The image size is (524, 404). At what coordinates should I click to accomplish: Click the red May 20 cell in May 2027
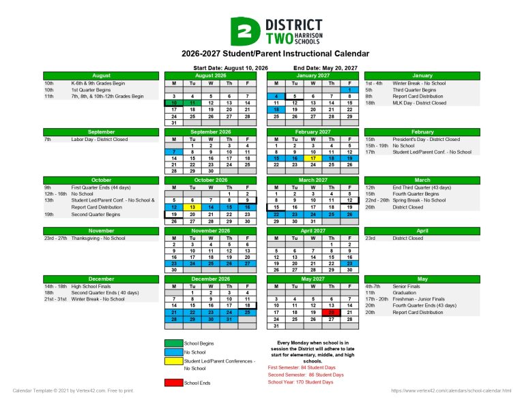[x=331, y=312]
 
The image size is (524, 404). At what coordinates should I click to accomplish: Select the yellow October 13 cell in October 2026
[x=192, y=207]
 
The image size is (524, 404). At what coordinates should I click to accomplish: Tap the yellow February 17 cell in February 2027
[x=312, y=157]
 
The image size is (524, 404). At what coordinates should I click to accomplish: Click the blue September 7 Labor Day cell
[x=175, y=151]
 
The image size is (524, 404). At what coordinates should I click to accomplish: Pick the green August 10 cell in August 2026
[x=175, y=102]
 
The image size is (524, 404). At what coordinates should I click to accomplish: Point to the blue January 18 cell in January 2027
[x=276, y=109]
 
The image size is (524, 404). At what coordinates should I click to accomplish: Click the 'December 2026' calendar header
[x=211, y=279]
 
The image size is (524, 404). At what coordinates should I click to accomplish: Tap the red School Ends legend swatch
[x=173, y=382]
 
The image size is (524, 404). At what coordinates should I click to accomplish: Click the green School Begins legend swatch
[x=173, y=343]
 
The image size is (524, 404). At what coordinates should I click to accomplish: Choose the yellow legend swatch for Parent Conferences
[x=173, y=361]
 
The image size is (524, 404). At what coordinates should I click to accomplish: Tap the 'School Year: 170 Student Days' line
[x=300, y=382]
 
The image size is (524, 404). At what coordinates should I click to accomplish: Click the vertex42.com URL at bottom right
[x=451, y=390]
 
